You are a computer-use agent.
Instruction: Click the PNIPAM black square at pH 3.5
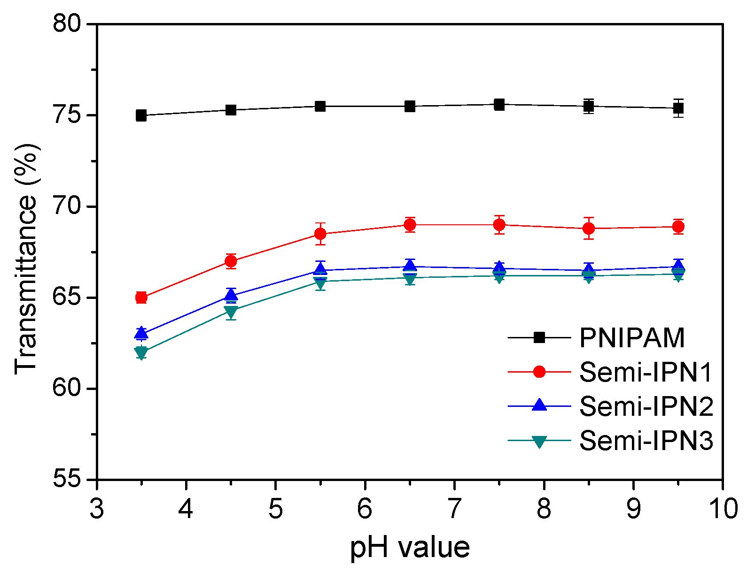[x=141, y=115]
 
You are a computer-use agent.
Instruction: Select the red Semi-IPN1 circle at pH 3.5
[x=141, y=298]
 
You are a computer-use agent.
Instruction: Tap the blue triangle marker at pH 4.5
[x=231, y=295]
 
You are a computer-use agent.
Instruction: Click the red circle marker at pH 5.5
[x=320, y=234]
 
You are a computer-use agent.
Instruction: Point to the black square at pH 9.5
[x=678, y=108]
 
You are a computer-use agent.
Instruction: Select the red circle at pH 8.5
[x=589, y=229]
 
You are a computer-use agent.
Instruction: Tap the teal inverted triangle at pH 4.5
[x=231, y=311]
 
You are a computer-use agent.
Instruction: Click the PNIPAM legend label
[x=632, y=337]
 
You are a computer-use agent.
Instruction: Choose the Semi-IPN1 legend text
[x=646, y=372]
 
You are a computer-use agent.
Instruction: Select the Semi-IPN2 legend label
[x=646, y=406]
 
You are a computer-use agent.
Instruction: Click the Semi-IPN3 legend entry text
[x=646, y=441]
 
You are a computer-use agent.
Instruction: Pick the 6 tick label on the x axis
[x=365, y=509]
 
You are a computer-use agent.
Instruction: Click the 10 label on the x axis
[x=723, y=509]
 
